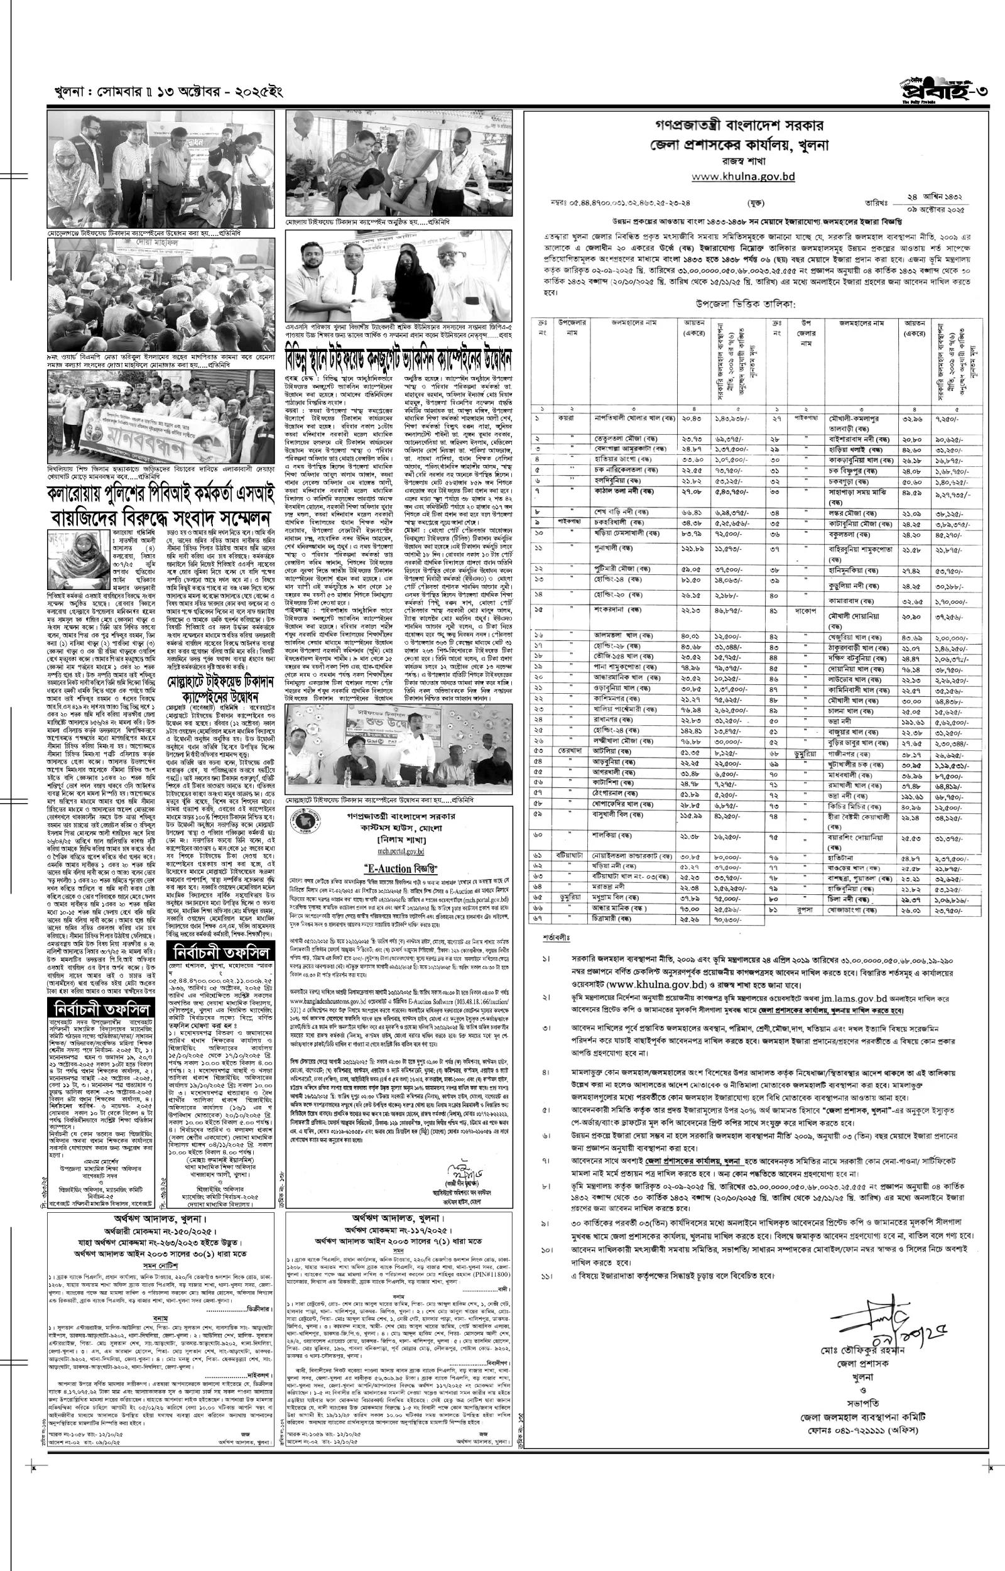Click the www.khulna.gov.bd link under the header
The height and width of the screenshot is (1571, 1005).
[x=742, y=176]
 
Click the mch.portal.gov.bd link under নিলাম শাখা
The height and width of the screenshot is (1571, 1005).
[x=401, y=851]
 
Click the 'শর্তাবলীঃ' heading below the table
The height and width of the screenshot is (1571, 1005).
[x=557, y=937]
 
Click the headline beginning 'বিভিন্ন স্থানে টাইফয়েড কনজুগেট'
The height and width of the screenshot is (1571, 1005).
[x=399, y=359]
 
